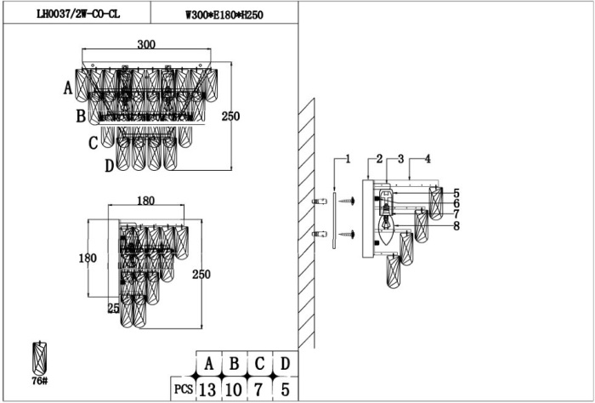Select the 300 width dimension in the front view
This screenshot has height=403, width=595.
(x=145, y=45)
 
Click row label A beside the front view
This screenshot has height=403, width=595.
(x=68, y=87)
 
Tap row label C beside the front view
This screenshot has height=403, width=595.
(x=93, y=143)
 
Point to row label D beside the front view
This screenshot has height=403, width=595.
(x=109, y=166)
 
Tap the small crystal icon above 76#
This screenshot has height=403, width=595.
(x=39, y=357)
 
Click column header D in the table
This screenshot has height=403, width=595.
(x=286, y=364)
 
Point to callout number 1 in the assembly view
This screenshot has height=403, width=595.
(x=347, y=159)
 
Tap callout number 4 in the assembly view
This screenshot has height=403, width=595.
(x=428, y=159)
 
